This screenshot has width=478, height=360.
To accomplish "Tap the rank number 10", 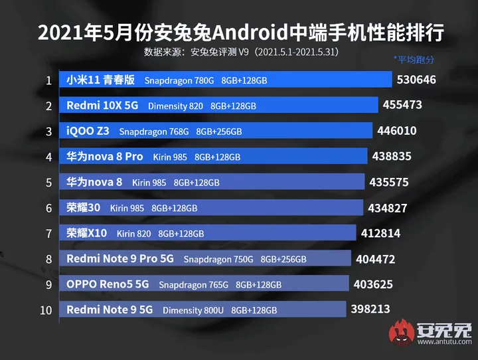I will coord(46,310).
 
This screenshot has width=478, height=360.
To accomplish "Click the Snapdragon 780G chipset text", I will coord(179,80).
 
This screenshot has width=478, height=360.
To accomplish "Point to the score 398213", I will coord(368,309).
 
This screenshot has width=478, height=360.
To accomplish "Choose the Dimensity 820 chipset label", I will coord(176,106).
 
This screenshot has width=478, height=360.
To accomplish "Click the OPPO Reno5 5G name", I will coord(108,284).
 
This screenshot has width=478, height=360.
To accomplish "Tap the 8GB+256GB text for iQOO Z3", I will coord(219,132).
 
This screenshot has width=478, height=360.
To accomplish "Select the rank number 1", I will coord(48,80).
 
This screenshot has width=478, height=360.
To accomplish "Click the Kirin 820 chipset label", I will coord(134,234).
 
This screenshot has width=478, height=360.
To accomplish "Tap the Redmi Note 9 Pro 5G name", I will coord(120,258).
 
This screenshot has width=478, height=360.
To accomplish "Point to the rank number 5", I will coord(48,182).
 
